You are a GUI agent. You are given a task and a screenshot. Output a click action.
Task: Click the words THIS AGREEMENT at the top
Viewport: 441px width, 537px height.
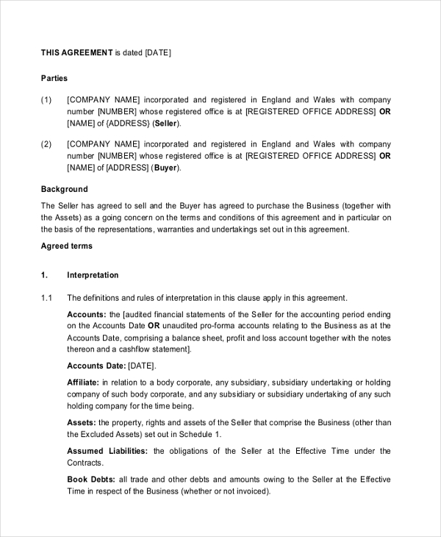point(76,52)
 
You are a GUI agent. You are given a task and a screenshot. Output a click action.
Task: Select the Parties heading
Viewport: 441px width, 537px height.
point(54,78)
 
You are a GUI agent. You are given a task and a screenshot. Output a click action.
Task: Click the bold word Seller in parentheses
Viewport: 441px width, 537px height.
point(165,124)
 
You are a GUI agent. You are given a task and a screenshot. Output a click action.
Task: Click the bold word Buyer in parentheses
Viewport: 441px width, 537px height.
point(166,168)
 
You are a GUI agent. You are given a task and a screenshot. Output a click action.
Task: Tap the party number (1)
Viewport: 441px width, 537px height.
point(46,100)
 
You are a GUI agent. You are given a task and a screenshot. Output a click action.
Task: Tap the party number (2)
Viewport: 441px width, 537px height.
point(46,144)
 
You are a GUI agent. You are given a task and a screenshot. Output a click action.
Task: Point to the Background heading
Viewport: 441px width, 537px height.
point(64,189)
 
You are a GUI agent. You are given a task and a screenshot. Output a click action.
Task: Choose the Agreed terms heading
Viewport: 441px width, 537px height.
point(66,246)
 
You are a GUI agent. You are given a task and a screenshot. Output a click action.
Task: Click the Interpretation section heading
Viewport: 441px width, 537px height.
point(93,275)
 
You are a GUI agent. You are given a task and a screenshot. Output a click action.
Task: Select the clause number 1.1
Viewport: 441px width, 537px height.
point(47,298)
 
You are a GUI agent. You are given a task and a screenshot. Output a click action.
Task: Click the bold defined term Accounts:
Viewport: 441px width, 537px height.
point(87,314)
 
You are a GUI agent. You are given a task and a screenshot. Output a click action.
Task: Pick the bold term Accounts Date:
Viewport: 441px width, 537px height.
point(96,366)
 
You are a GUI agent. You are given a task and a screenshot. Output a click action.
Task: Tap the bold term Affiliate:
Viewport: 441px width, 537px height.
point(83,383)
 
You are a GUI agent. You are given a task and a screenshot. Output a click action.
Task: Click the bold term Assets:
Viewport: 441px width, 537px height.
point(82,422)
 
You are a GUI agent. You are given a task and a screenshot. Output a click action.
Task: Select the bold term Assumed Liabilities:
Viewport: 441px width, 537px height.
point(107,451)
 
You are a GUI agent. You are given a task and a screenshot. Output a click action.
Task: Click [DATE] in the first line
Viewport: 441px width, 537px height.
point(158,52)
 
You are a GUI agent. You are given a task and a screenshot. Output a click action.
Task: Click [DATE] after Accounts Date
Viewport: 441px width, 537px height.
point(142,366)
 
